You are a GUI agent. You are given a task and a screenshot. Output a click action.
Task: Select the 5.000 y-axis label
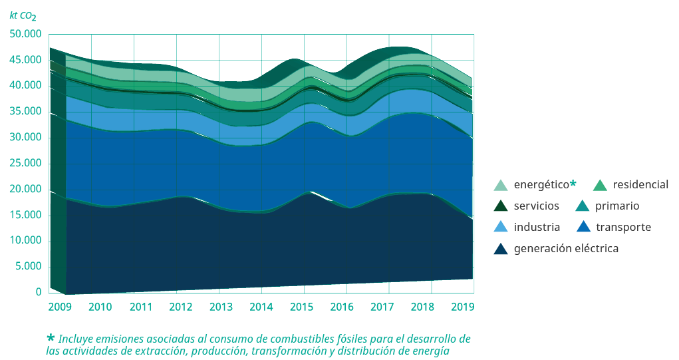[29, 266]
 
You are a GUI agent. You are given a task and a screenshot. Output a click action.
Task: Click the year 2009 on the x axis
[59, 307]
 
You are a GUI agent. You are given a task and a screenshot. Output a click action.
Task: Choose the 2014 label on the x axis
[261, 307]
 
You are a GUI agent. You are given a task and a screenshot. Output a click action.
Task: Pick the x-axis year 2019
[462, 307]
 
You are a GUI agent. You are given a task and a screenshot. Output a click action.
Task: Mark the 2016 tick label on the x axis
[342, 307]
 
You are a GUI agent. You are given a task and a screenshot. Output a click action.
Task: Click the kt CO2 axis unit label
[23, 15]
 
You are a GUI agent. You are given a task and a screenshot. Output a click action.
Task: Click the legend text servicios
[537, 206]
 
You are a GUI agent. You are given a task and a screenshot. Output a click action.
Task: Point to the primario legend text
[616, 206]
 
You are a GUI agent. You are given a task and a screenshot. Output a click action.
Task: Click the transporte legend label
[623, 227]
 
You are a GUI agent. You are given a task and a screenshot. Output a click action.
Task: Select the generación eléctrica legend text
[566, 248]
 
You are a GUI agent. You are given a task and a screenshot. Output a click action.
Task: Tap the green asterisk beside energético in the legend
[573, 183]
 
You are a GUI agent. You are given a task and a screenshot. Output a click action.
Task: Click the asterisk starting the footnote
[50, 338]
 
